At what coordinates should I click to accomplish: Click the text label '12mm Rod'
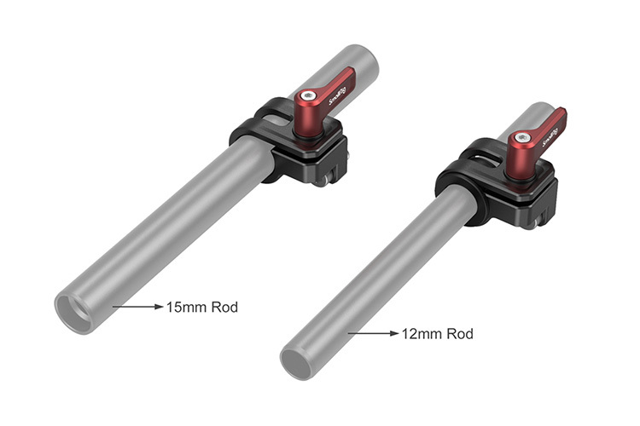coord(436,333)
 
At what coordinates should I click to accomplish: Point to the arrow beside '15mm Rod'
coord(137,307)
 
